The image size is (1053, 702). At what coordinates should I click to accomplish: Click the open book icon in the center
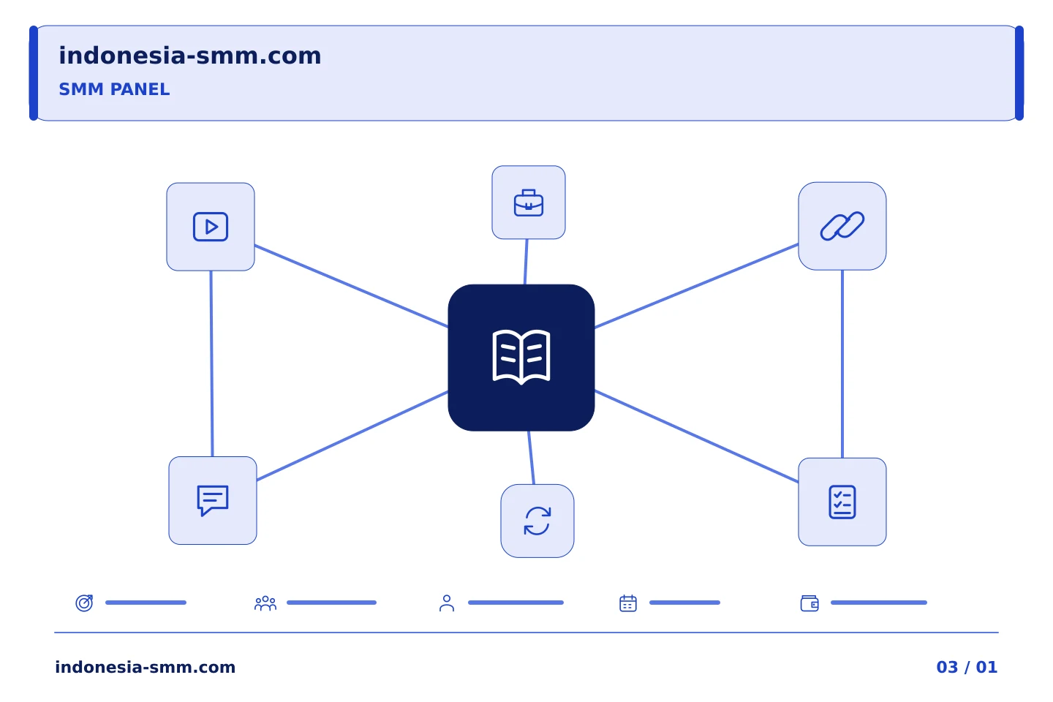click(x=521, y=358)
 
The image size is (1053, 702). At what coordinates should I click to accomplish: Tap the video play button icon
click(x=211, y=227)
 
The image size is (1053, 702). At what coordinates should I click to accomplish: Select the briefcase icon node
click(x=529, y=202)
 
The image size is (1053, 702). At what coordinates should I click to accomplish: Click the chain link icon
click(x=842, y=226)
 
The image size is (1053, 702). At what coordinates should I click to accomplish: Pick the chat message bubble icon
click(x=213, y=500)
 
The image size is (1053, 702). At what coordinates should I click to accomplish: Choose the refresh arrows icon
click(x=537, y=521)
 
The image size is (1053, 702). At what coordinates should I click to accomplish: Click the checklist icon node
click(x=842, y=502)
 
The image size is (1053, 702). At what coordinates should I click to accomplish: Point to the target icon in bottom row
click(x=85, y=603)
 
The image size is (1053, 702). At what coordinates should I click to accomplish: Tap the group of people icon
click(x=265, y=603)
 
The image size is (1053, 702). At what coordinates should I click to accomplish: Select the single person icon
click(x=447, y=603)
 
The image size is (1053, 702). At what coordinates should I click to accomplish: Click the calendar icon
click(x=628, y=603)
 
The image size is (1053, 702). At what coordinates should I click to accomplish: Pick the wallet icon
click(x=809, y=603)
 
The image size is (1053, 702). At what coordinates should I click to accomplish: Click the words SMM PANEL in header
click(x=114, y=89)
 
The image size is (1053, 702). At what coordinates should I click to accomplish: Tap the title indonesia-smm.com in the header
click(x=190, y=56)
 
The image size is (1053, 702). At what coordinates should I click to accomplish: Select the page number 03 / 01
click(x=967, y=667)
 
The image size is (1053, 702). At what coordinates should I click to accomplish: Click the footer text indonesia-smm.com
click(x=146, y=667)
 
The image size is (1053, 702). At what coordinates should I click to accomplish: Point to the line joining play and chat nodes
click(x=211, y=363)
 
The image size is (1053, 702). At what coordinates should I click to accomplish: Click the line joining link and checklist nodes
click(x=842, y=364)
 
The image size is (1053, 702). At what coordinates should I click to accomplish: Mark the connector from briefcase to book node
click(x=526, y=262)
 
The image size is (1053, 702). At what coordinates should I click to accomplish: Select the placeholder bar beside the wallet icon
click(x=879, y=603)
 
